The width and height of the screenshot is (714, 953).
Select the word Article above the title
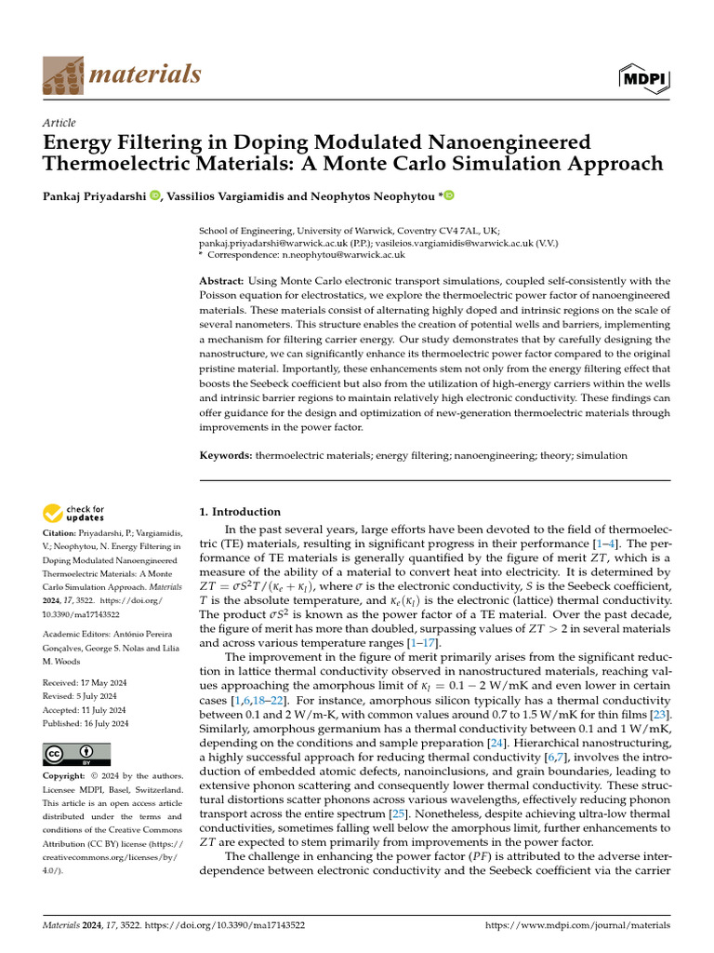pyautogui.click(x=59, y=123)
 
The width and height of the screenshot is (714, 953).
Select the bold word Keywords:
pyautogui.click(x=227, y=456)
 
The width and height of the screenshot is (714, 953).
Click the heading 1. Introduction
pyautogui.click(x=241, y=512)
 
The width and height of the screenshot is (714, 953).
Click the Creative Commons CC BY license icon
pyautogui.click(x=76, y=754)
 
